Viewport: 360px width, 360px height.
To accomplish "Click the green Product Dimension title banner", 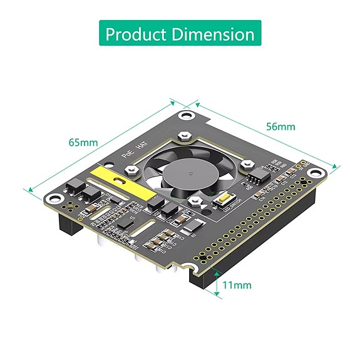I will click(180, 33).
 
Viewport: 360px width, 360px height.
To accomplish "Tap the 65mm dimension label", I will click(83, 142).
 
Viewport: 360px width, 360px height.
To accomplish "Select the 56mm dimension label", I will click(280, 126).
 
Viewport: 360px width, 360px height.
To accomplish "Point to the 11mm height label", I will click(237, 285).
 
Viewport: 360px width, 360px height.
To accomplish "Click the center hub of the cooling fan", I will click(186, 172).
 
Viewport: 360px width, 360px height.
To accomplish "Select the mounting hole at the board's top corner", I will click(186, 116).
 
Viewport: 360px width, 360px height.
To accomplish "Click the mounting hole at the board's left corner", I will click(56, 198).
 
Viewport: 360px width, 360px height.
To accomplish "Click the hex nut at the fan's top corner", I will click(183, 135).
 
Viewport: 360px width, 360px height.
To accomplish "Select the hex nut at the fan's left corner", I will click(131, 169).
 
